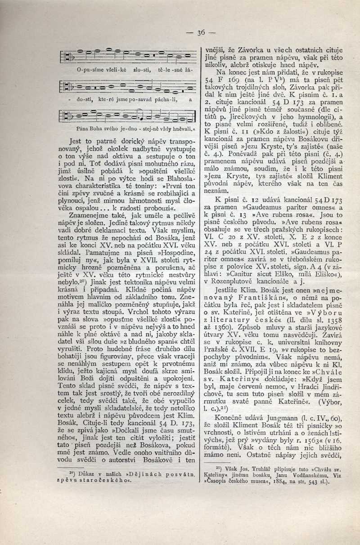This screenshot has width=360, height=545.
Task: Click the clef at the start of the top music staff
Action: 69,58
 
